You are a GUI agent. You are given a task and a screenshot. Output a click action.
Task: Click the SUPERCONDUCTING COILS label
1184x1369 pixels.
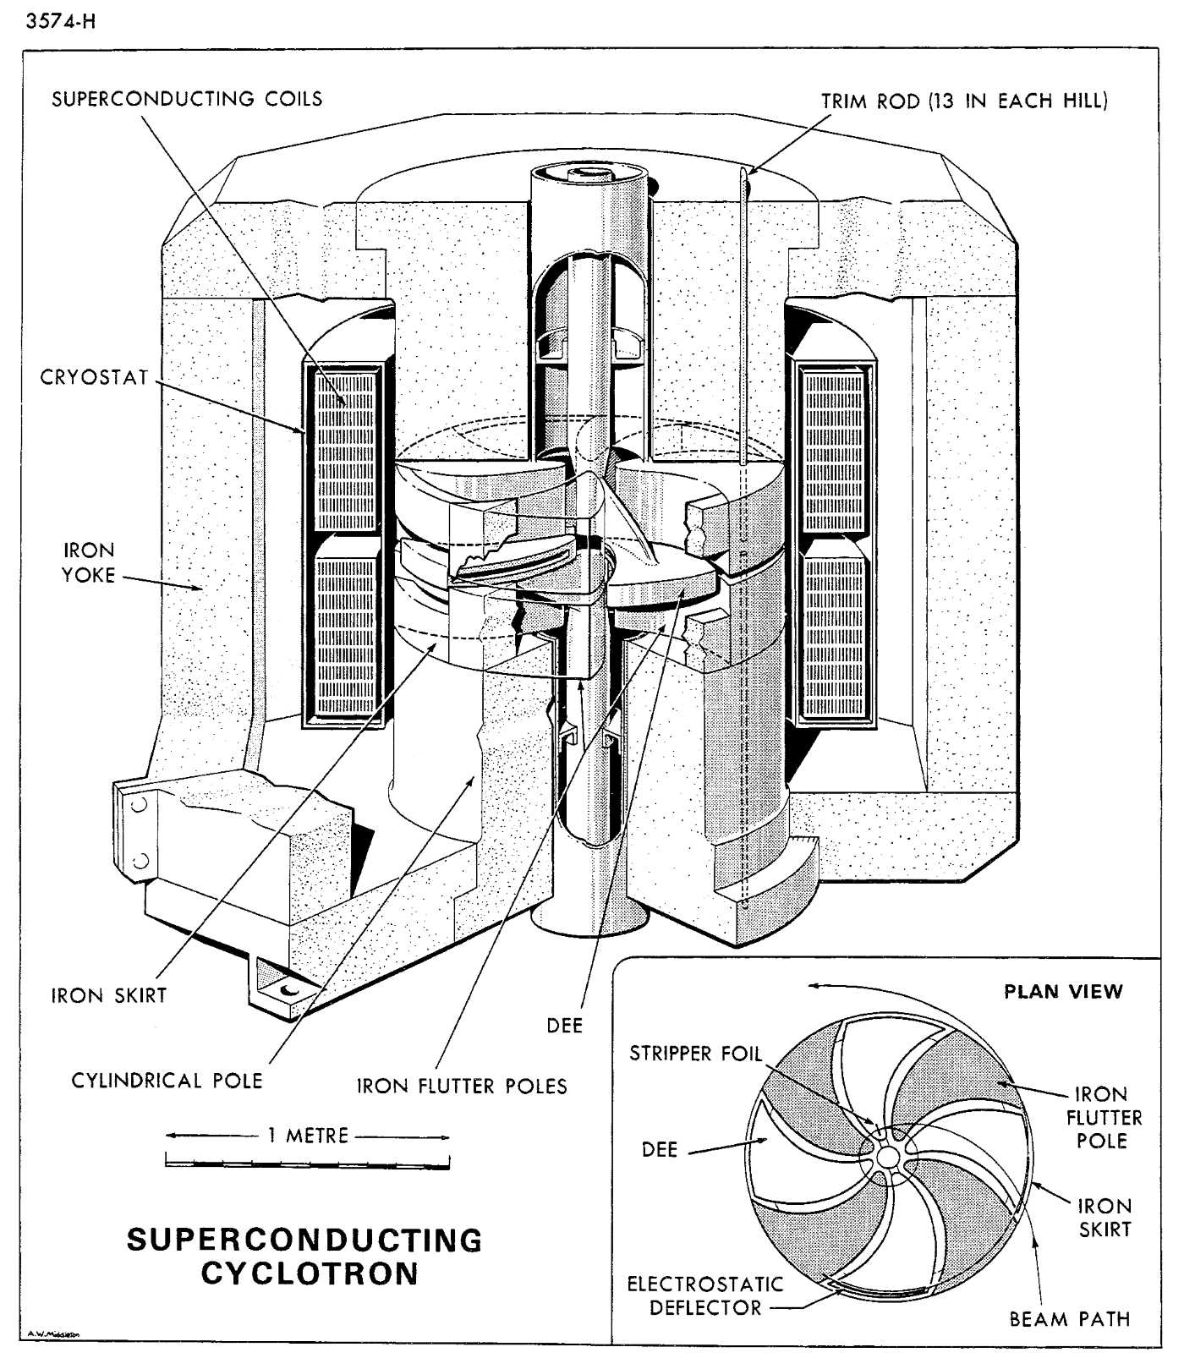tap(187, 99)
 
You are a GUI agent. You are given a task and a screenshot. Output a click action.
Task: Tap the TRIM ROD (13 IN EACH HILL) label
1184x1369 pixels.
tap(964, 101)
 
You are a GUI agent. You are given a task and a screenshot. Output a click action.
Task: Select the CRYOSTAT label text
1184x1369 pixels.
tap(95, 377)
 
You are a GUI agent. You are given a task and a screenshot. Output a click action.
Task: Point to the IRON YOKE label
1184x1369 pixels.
tap(89, 562)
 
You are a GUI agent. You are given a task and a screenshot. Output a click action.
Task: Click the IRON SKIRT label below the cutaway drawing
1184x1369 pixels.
tap(109, 995)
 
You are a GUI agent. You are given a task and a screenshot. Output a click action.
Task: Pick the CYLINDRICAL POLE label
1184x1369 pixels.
tap(167, 1080)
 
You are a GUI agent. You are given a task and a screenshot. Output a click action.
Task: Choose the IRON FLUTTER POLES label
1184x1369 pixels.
tap(462, 1086)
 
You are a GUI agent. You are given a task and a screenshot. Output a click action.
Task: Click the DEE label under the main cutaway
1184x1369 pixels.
tap(565, 1026)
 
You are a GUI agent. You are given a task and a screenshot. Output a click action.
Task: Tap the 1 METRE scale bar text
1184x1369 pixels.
tap(308, 1136)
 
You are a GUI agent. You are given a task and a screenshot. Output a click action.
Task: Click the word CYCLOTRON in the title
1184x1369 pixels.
tap(310, 1273)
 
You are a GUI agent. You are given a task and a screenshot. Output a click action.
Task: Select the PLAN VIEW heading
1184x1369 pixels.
tap(1063, 992)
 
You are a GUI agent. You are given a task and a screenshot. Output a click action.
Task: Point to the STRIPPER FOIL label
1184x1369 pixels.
tap(695, 1054)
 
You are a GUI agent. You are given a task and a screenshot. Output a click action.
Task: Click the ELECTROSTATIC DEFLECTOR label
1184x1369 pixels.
tap(705, 1295)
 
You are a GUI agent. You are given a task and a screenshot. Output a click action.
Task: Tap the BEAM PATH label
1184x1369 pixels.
tap(1070, 1319)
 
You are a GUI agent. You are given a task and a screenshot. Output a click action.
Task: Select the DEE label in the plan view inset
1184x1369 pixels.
tap(660, 1150)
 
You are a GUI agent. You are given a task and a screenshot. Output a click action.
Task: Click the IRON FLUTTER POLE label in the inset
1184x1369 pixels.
tap(1104, 1118)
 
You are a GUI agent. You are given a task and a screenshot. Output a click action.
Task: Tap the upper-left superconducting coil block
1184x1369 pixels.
tap(345, 451)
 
